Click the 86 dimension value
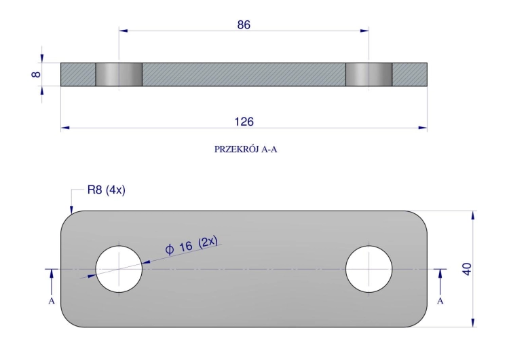point(244,24)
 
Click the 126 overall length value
point(244,122)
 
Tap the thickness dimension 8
point(36,75)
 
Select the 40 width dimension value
point(467,270)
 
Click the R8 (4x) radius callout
point(106,190)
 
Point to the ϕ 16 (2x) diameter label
point(191,246)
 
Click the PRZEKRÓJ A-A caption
point(246,149)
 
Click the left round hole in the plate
point(119,269)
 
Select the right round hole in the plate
point(369,269)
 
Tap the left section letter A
point(52,301)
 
